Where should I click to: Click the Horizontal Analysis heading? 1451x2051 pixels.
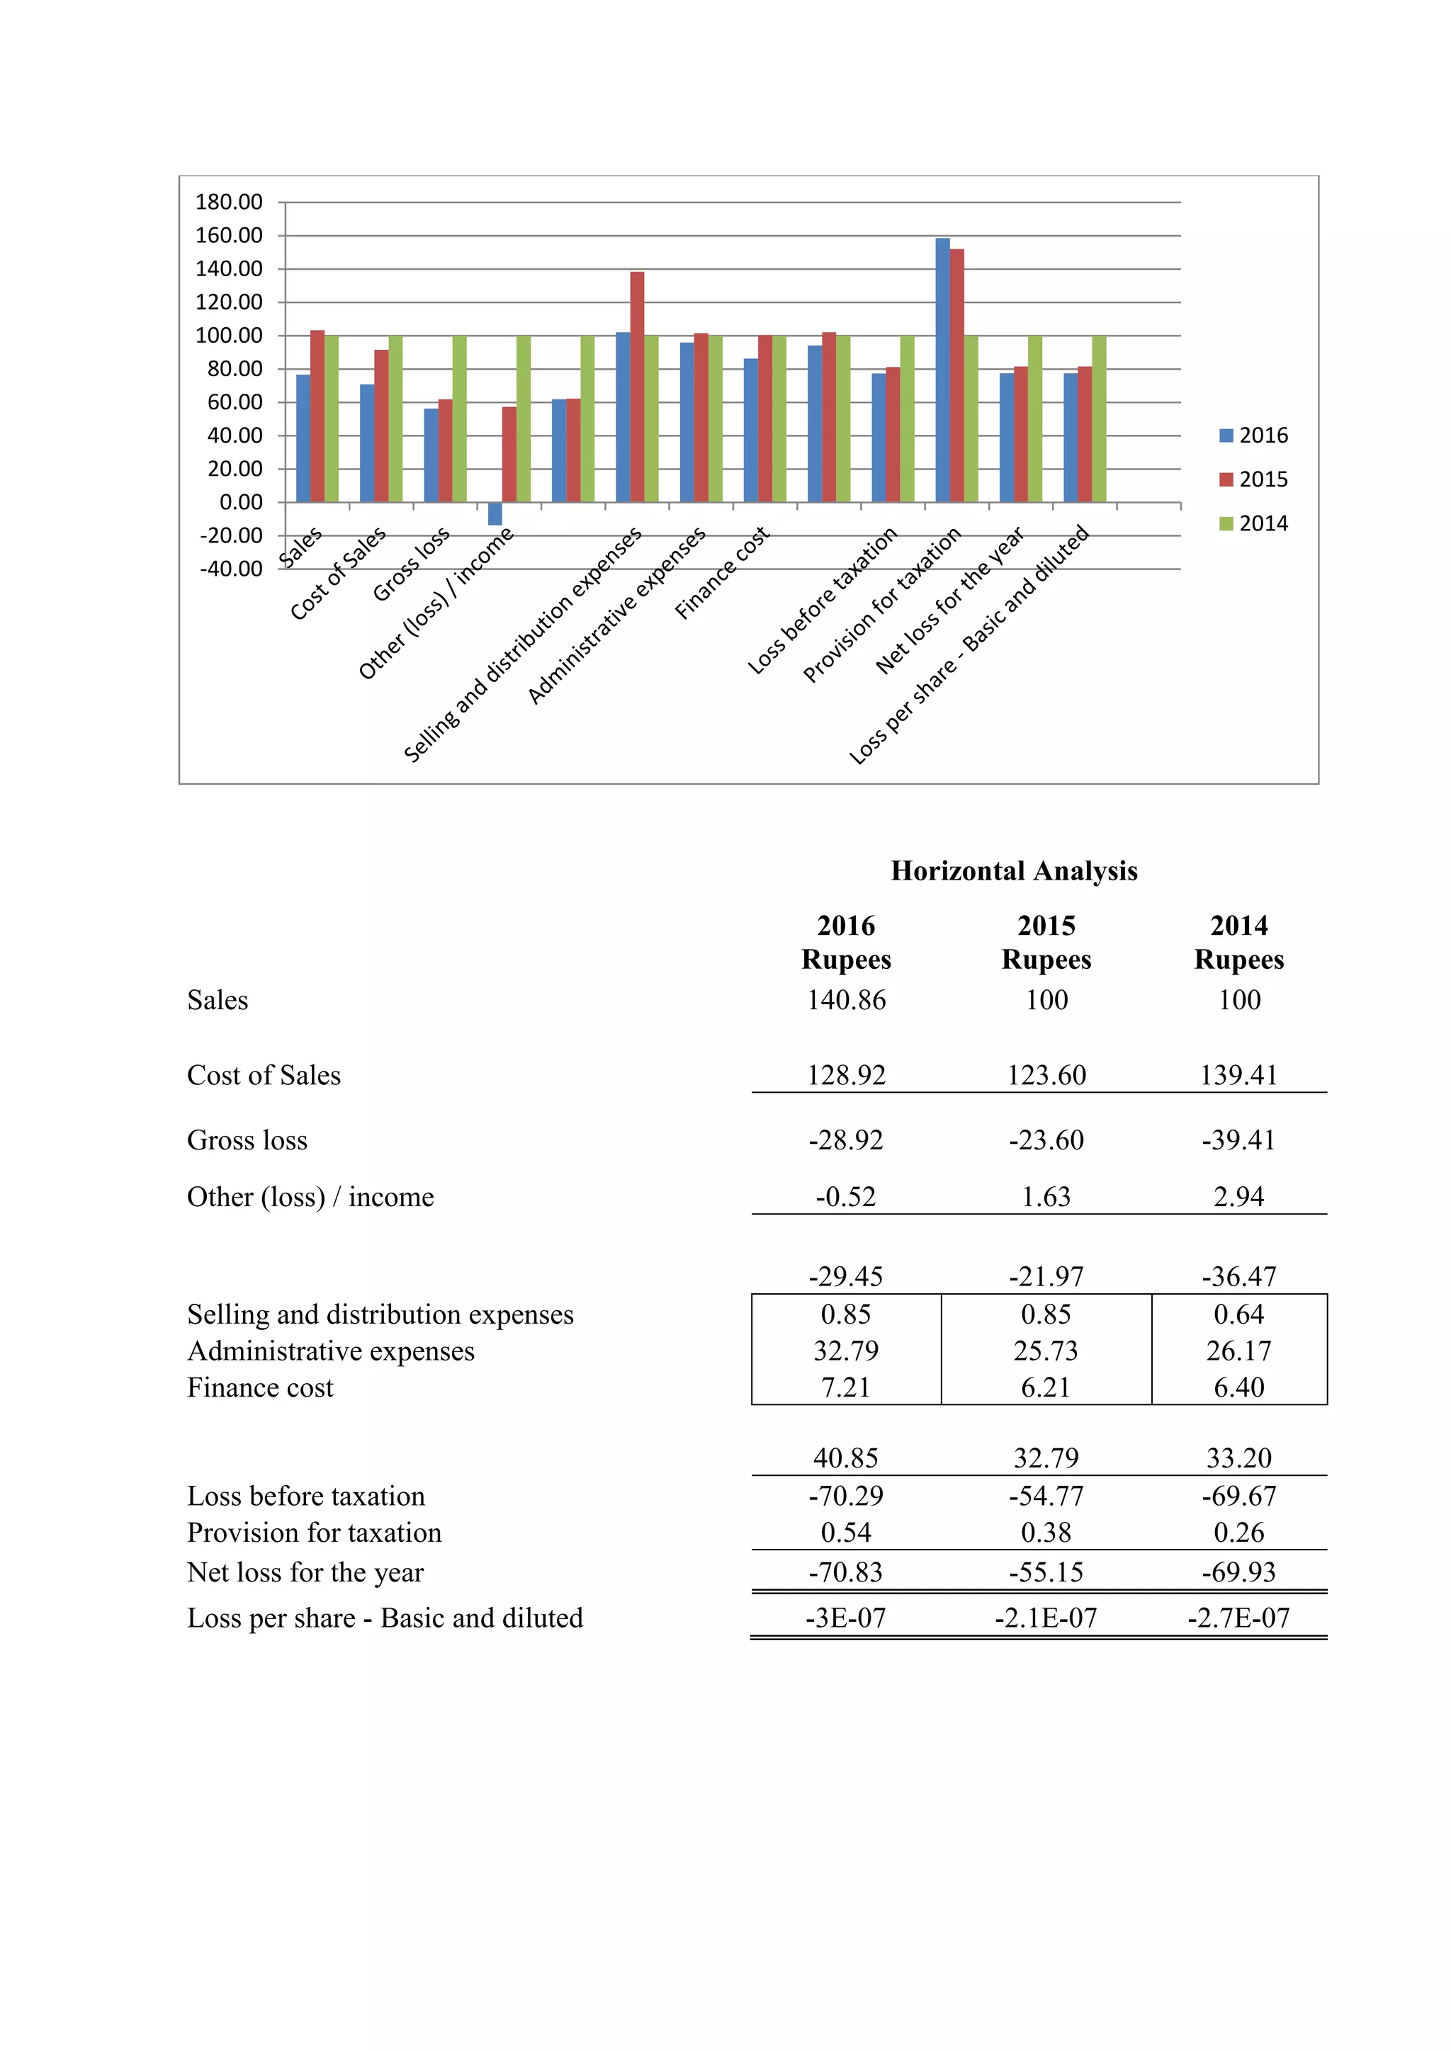click(1014, 871)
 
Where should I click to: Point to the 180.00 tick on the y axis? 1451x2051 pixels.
click(229, 202)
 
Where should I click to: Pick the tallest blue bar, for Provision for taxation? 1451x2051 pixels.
click(942, 370)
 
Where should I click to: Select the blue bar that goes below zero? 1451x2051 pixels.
click(495, 513)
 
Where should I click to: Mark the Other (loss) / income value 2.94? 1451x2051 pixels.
click(1238, 1196)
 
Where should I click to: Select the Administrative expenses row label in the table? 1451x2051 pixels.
click(331, 1351)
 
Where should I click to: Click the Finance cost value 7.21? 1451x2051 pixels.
click(845, 1387)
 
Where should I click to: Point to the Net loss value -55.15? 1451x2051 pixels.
click(1046, 1572)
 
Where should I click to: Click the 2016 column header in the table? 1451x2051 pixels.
click(846, 926)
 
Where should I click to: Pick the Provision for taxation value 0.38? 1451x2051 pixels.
click(1046, 1533)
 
